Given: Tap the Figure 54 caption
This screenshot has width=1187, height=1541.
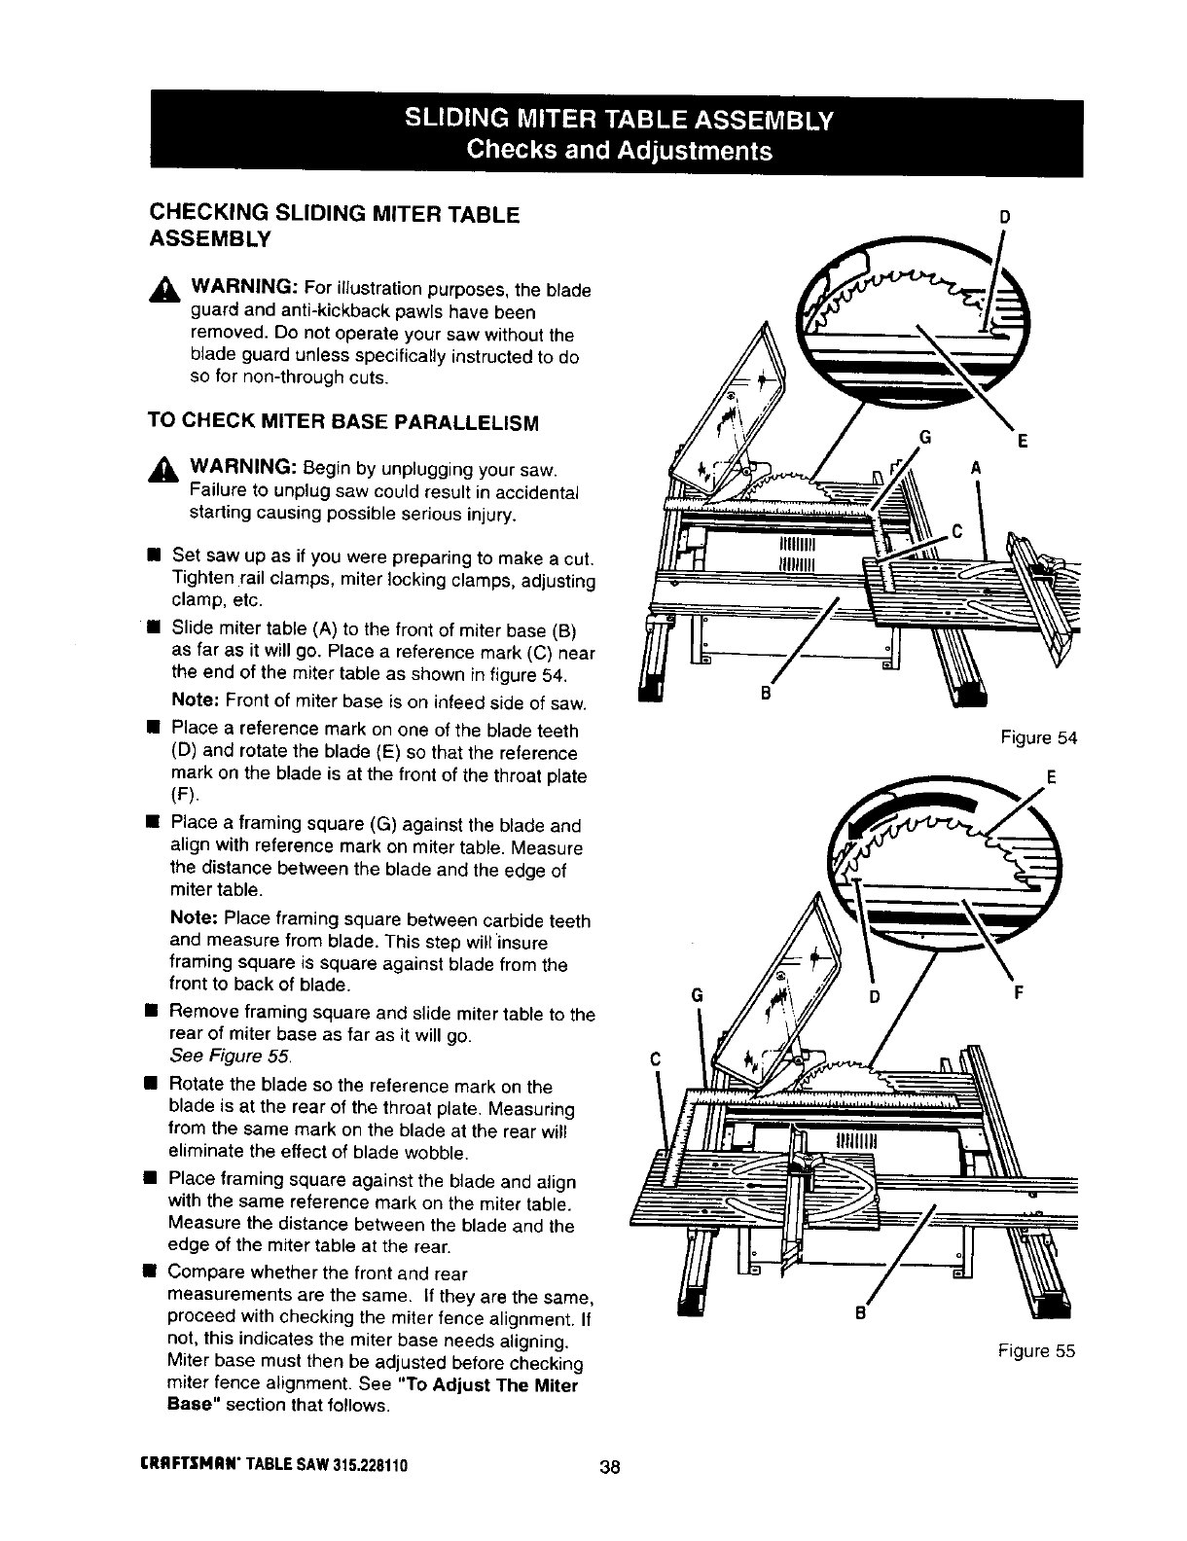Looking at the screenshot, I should [x=1039, y=737].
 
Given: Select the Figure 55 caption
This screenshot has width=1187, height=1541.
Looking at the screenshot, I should [x=1036, y=1350].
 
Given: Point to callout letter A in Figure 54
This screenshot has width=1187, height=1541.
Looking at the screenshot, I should [x=975, y=467].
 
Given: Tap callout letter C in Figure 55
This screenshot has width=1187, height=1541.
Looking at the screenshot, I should [x=654, y=1059].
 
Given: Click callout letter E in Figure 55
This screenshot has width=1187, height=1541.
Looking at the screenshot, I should [x=1051, y=777].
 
